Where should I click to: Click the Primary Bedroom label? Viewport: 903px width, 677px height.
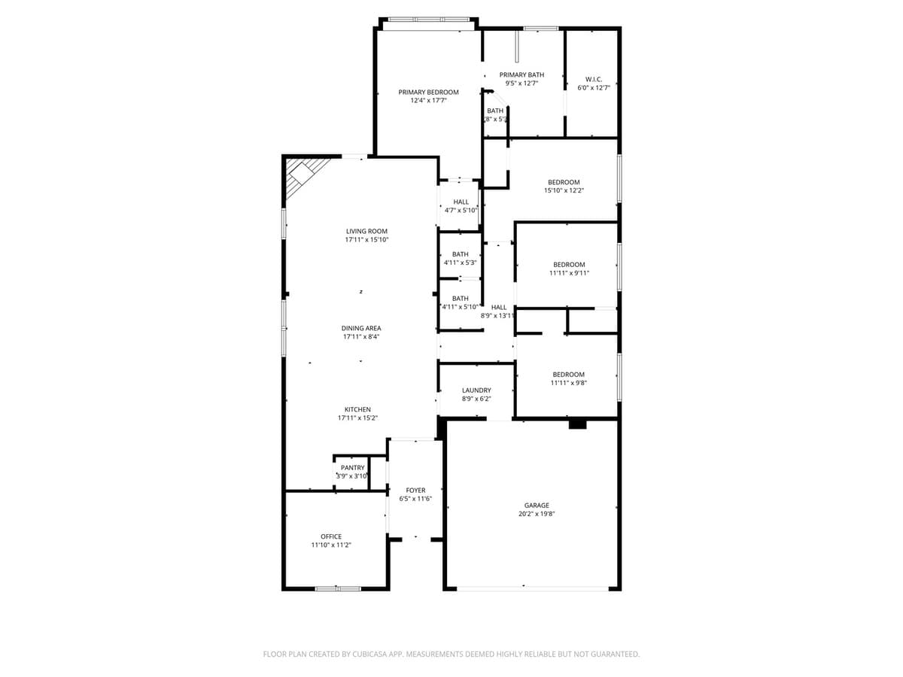(428, 92)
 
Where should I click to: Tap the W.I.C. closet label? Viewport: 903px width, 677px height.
(594, 79)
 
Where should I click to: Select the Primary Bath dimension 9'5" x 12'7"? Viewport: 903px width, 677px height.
(521, 83)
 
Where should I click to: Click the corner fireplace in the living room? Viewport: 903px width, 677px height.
(302, 175)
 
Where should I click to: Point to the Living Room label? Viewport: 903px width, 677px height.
(366, 231)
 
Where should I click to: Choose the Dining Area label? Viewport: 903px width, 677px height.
(361, 328)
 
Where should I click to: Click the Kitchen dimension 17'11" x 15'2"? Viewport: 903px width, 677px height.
(357, 418)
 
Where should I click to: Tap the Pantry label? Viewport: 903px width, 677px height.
(352, 467)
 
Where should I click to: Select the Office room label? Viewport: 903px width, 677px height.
(331, 536)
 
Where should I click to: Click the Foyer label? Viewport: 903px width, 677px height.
(415, 490)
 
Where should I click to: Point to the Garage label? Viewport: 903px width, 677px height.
(537, 505)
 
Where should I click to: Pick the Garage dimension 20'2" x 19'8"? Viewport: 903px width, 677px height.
(537, 514)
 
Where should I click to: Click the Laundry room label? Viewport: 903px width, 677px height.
(476, 390)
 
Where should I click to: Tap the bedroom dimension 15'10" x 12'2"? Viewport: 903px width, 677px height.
(564, 191)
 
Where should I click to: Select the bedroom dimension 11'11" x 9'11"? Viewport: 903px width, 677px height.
(569, 273)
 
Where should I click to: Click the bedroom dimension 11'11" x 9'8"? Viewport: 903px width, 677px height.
(568, 383)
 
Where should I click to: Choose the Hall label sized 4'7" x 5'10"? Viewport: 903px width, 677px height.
(461, 202)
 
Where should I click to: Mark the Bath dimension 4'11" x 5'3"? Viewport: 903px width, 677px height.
(460, 263)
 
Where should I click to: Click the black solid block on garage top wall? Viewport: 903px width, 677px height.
(577, 425)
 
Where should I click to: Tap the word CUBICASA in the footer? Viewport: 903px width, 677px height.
(372, 654)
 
